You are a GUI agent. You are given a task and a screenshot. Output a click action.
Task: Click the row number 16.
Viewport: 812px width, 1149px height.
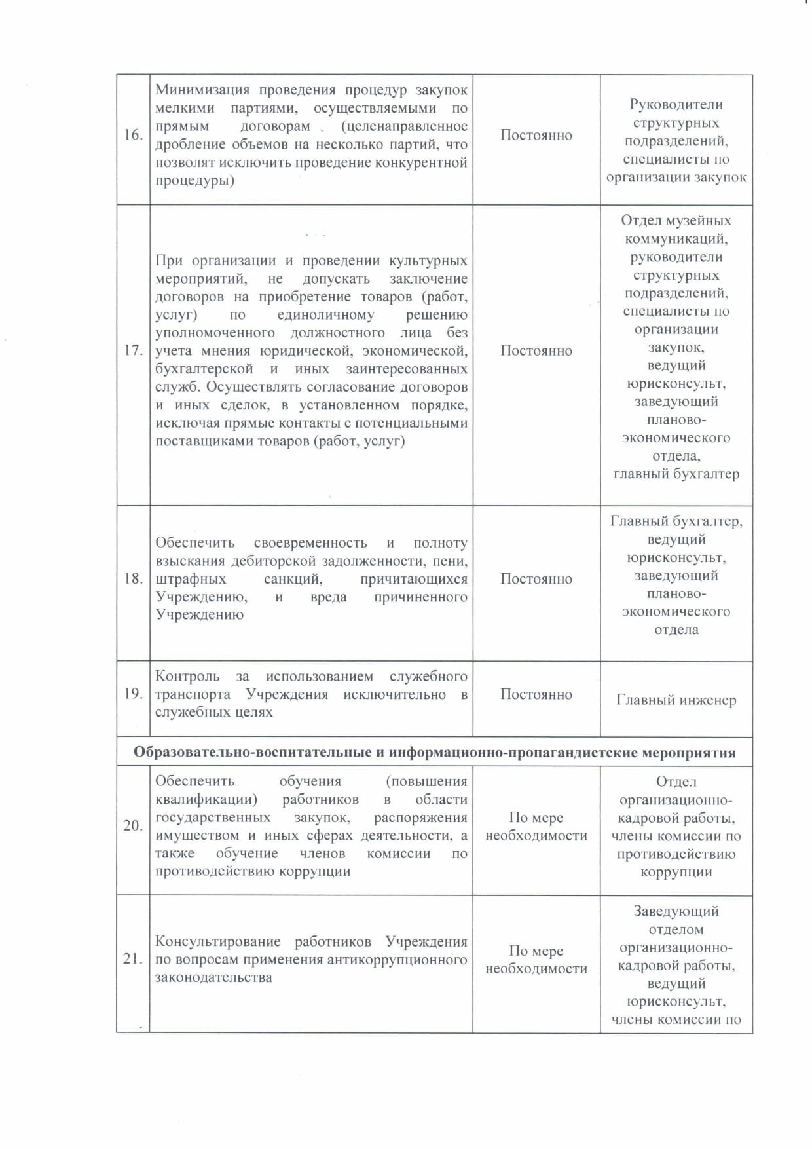click(133, 135)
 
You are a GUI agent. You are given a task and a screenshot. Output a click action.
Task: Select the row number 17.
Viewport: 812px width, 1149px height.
click(133, 350)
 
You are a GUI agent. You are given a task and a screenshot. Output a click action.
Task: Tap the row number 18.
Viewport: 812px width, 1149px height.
click(133, 578)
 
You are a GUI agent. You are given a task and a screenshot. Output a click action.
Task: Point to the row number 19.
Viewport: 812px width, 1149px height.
click(133, 694)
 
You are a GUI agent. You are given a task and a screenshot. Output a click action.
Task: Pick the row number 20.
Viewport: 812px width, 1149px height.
click(133, 825)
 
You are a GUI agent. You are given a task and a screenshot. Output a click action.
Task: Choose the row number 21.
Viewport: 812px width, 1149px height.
click(133, 959)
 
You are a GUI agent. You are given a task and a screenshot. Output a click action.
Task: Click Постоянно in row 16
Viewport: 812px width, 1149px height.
click(536, 135)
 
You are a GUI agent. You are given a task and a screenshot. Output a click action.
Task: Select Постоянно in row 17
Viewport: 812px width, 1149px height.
click(536, 350)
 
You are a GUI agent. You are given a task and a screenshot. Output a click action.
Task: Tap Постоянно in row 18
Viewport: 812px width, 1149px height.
click(536, 579)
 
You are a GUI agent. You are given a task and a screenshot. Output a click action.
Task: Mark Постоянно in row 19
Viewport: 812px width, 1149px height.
click(536, 694)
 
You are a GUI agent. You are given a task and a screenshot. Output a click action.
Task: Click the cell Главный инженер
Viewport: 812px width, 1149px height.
click(676, 700)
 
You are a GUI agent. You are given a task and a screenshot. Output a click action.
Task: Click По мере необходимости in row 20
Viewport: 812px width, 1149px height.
click(536, 827)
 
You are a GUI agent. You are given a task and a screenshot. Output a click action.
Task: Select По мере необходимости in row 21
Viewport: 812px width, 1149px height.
click(536, 960)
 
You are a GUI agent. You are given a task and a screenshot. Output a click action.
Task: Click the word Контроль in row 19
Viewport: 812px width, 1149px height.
click(186, 676)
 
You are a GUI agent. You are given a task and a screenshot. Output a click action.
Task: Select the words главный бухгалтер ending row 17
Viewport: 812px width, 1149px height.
click(676, 474)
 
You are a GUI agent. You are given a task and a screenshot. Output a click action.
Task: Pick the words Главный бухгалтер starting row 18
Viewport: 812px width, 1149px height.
click(676, 521)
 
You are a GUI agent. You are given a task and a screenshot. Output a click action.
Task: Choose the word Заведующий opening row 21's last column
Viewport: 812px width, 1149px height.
click(676, 911)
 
